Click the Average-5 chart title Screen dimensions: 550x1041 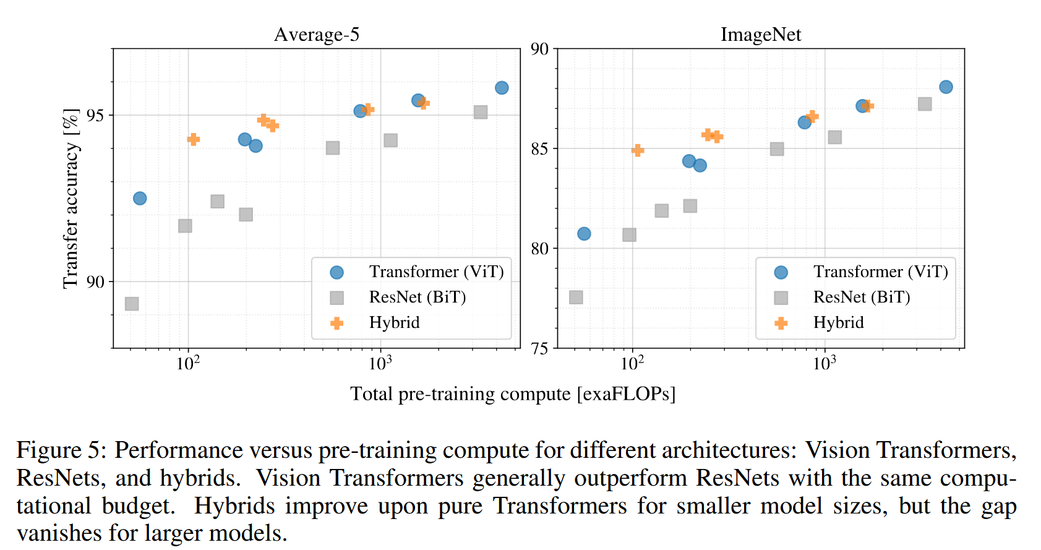317,35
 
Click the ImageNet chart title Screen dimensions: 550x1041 761,35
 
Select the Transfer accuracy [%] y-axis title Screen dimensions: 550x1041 71,199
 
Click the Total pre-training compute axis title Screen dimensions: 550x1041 513,394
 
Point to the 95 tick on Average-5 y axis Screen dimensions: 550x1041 95,116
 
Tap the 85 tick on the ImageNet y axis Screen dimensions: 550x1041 539,148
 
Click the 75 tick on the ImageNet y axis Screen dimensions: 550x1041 539,348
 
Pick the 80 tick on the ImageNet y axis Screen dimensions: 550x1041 539,249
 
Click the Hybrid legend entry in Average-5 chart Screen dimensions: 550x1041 394,322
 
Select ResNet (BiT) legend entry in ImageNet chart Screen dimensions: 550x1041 862,297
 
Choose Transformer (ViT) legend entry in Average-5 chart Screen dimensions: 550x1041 436,272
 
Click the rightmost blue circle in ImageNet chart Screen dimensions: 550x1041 946,87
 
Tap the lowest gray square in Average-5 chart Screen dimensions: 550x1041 132,304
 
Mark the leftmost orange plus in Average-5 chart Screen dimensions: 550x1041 194,139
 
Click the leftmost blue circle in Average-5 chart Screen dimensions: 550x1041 140,199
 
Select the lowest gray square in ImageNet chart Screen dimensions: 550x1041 576,298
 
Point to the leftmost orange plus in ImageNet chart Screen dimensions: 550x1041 638,150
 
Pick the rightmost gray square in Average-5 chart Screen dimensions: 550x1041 481,112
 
